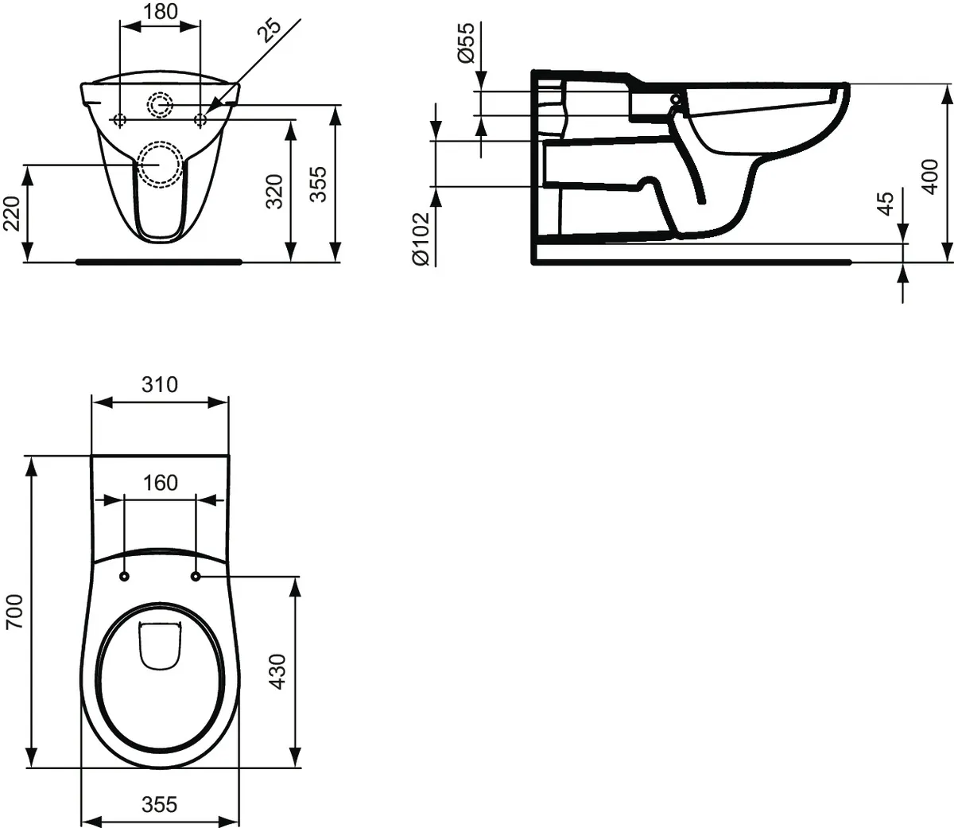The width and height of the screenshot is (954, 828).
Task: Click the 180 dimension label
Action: (x=160, y=12)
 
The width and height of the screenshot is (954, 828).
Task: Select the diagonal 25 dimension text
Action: (x=270, y=30)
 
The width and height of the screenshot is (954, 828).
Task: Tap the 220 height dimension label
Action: (x=12, y=213)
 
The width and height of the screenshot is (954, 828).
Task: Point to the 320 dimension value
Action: (x=274, y=191)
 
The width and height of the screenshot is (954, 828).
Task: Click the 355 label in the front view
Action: (x=319, y=184)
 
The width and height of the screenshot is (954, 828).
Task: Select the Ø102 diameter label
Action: (x=421, y=239)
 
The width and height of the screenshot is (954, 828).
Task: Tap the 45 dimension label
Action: (x=886, y=204)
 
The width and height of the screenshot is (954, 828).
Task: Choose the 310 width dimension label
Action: (x=160, y=385)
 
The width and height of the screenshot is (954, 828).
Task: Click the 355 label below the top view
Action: (x=160, y=804)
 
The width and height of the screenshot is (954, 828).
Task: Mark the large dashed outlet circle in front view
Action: (x=160, y=165)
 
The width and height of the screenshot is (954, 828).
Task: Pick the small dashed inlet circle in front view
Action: (x=161, y=103)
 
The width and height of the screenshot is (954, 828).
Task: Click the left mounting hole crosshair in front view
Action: (x=119, y=120)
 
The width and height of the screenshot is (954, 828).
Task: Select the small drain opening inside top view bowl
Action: (x=160, y=644)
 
